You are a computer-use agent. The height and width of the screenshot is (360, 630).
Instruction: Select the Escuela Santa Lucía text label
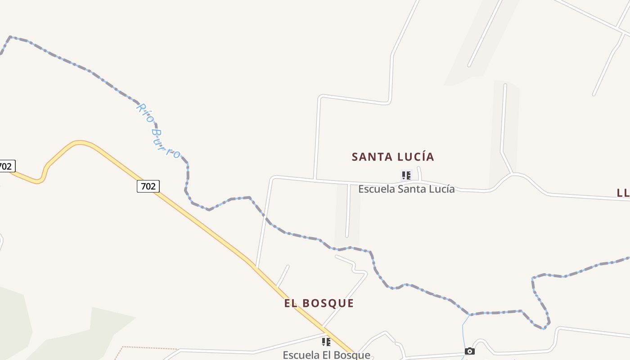tap(406, 189)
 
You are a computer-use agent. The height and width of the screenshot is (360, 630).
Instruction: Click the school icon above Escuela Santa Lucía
tap(406, 175)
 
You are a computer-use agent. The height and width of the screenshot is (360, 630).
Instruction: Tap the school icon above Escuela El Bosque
tap(326, 342)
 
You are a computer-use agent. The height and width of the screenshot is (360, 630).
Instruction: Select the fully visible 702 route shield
tap(148, 186)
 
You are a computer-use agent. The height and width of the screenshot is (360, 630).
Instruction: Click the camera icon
tap(470, 351)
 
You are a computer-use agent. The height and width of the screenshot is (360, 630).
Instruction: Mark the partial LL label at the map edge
tap(623, 193)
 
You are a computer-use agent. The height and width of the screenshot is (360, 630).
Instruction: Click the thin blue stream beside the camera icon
tap(463, 333)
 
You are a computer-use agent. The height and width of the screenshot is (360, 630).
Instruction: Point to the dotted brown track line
tap(148, 347)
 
